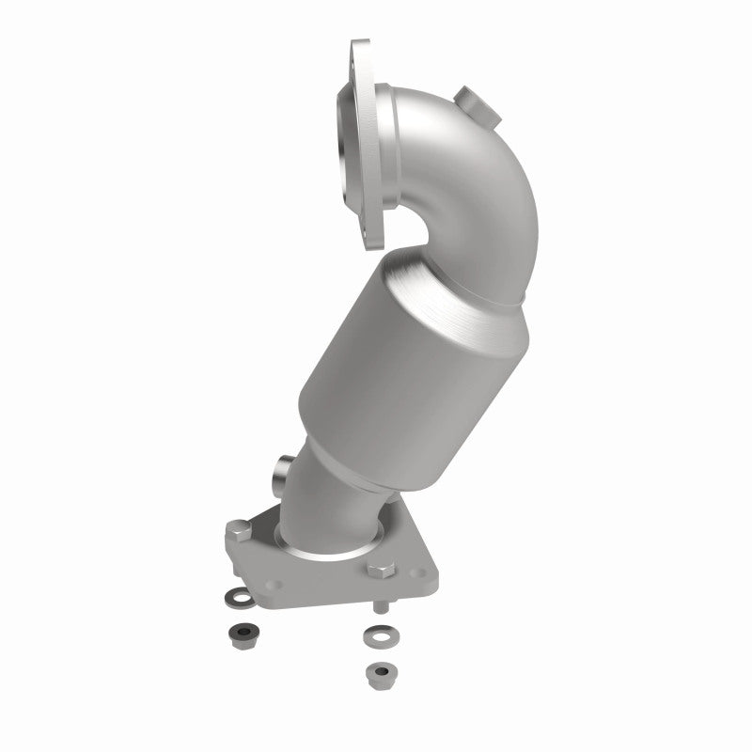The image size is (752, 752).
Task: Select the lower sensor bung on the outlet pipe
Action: (282, 470)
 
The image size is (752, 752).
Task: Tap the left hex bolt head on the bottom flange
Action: (236, 535)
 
